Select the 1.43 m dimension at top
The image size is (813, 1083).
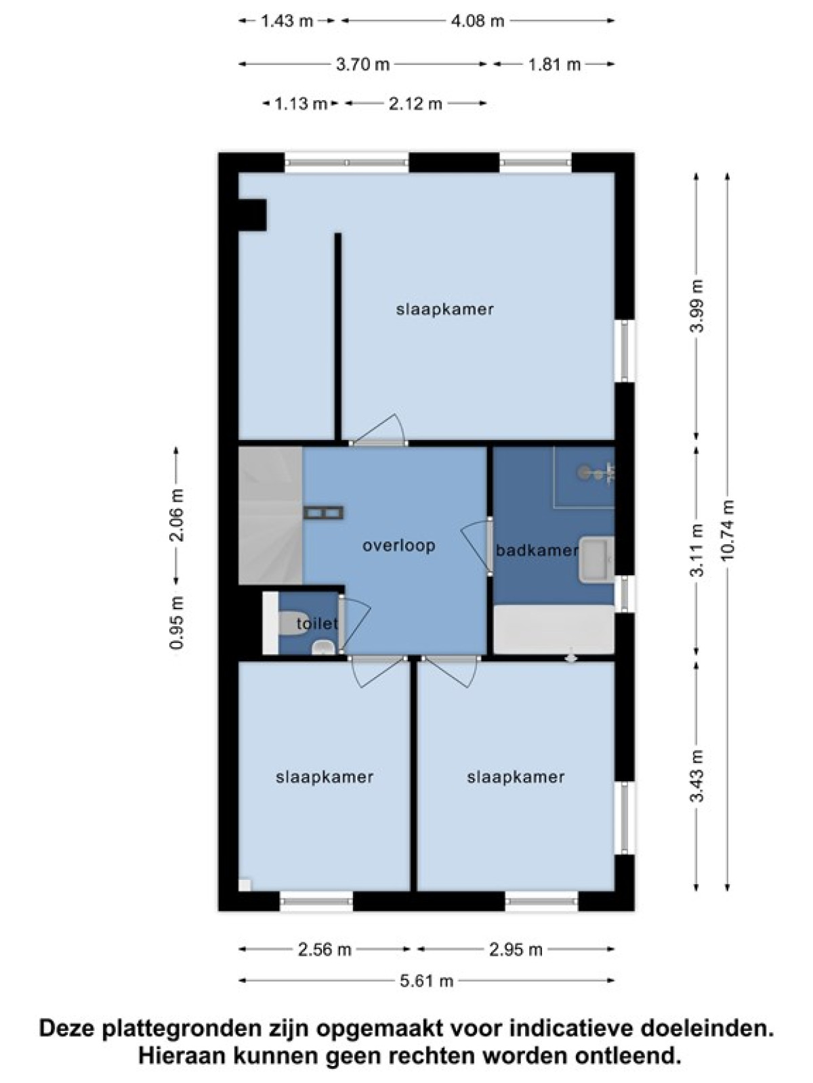pos(287,21)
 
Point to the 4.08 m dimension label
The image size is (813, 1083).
pos(478,21)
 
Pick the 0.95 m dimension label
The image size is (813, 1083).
pos(178,623)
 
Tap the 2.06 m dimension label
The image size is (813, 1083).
pos(178,515)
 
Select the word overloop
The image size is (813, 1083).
pos(399,546)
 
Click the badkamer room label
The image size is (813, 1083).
pos(537,550)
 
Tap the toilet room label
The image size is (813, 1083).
pos(317,623)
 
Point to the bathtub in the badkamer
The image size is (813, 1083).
pos(554,629)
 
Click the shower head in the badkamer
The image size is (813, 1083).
pos(584,472)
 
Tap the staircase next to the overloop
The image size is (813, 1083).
pos(270,516)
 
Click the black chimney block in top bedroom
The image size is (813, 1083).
pos(252,215)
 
